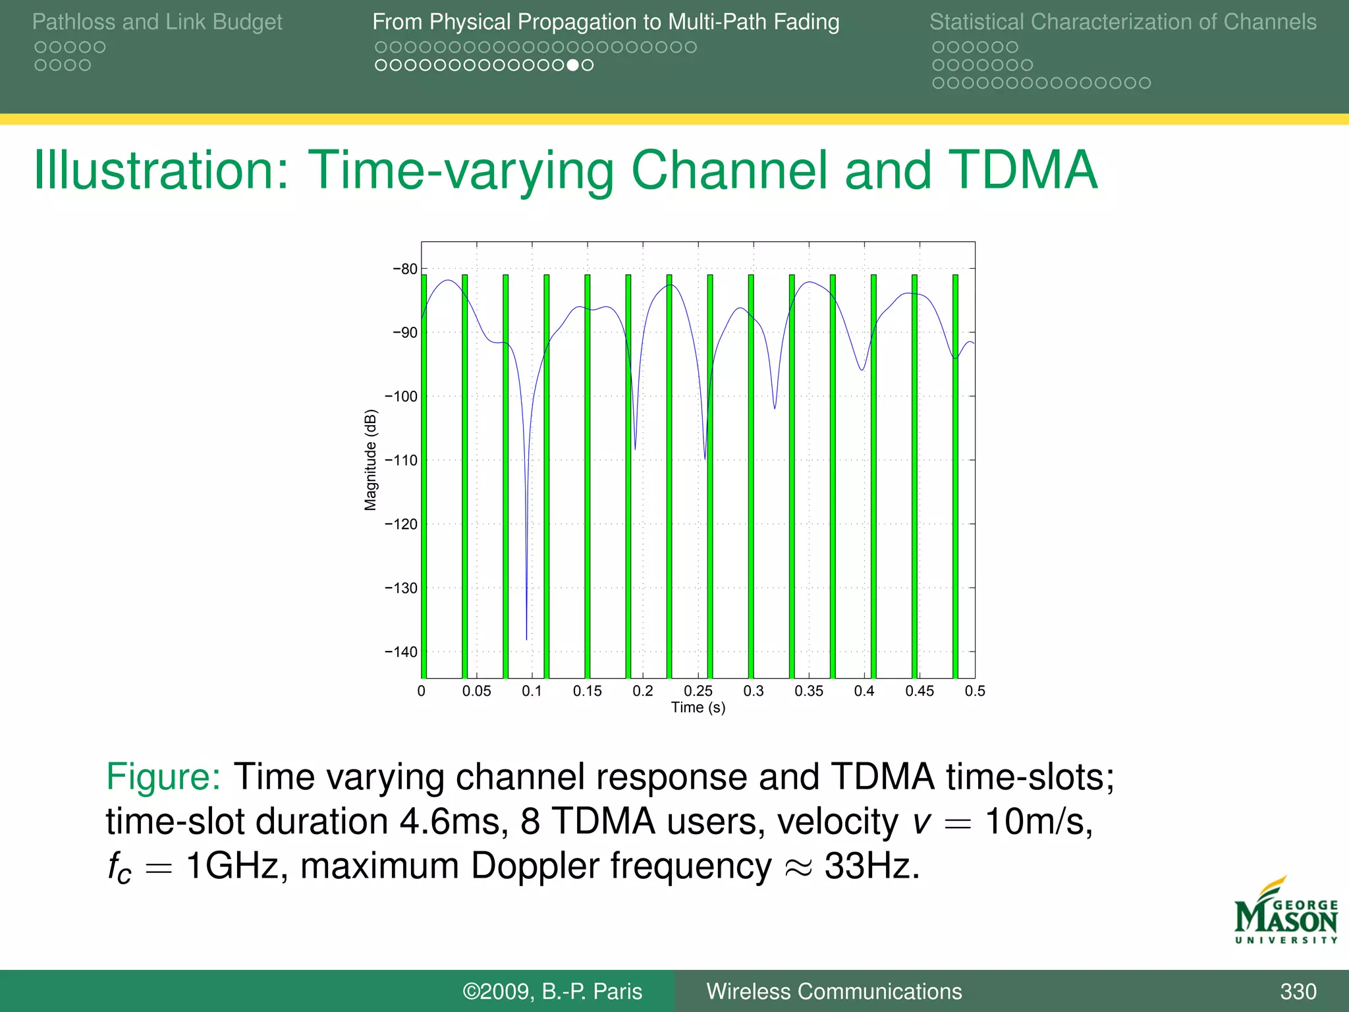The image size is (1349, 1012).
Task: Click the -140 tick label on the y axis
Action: [x=401, y=652]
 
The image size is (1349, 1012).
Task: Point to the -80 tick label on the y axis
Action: [x=405, y=269]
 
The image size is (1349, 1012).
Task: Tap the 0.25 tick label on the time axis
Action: [x=698, y=690]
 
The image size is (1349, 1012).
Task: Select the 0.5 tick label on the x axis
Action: [x=975, y=690]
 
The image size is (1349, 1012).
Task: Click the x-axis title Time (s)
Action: [x=698, y=708]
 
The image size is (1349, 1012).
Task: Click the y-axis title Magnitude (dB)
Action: [x=371, y=460]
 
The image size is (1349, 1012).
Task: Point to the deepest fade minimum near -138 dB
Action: [x=526, y=638]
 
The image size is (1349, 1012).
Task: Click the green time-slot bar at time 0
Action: [x=424, y=474]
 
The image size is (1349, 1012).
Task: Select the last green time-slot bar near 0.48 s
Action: [x=955, y=474]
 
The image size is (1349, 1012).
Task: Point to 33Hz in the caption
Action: [x=871, y=866]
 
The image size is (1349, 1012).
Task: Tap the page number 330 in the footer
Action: [x=1298, y=991]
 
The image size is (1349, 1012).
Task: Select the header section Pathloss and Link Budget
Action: [x=157, y=22]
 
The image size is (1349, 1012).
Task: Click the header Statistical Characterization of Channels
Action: [x=1122, y=22]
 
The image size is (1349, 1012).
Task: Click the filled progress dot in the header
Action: [x=573, y=65]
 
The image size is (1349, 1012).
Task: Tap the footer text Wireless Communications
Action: [x=834, y=991]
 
